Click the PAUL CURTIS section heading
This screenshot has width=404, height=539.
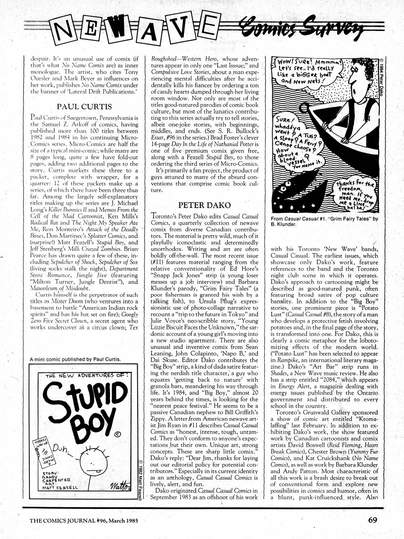(84, 107)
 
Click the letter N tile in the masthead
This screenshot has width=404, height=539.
(66, 28)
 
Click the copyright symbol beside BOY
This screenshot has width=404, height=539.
(117, 434)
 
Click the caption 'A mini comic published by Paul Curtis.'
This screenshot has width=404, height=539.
(76, 359)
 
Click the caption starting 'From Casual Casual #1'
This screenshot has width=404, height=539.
(324, 222)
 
